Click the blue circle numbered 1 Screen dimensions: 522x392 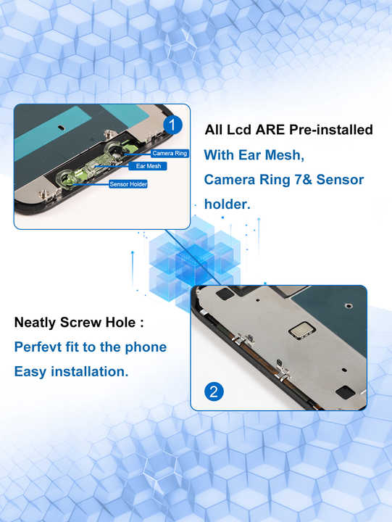172,125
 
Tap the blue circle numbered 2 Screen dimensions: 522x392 213,392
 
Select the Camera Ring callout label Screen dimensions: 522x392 170,153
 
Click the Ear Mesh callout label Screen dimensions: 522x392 148,166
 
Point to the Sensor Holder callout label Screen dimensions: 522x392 128,184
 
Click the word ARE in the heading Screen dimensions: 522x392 267,130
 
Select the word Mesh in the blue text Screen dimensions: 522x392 283,155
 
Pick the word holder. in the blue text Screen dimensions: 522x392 227,204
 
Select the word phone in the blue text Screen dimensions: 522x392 146,347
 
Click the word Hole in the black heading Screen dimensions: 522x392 120,322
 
